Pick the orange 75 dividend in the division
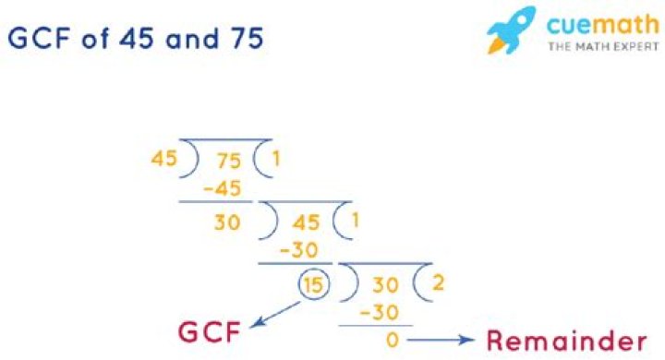[x=228, y=160]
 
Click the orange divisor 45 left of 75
[x=163, y=159]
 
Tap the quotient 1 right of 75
[x=275, y=159]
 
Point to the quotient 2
[x=437, y=282]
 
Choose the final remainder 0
[x=392, y=341]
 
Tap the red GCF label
[x=210, y=331]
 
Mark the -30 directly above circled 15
[x=298, y=249]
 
